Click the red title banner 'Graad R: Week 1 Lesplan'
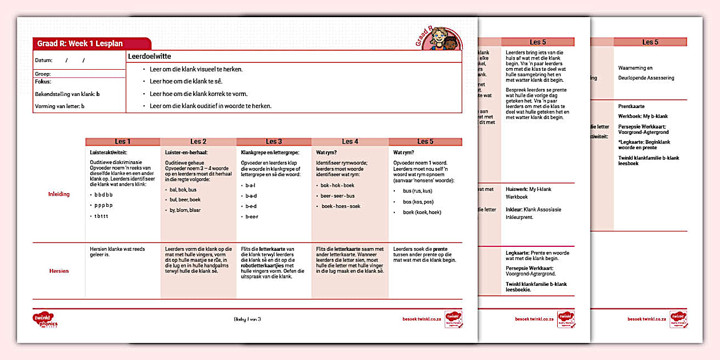[x=81, y=43]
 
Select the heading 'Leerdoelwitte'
[x=150, y=57]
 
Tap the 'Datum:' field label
[x=43, y=60]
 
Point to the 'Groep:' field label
[x=43, y=74]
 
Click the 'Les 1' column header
[x=122, y=142]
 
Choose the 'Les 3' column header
[x=274, y=142]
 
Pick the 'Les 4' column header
[x=350, y=142]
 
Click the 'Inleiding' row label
[x=59, y=194]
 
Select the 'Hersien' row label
[x=59, y=271]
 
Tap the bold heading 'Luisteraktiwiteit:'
[x=109, y=153]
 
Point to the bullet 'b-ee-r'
[x=251, y=217]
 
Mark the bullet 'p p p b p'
[x=103, y=205]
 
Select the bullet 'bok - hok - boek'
[x=337, y=186]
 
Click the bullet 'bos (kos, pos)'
[x=417, y=201]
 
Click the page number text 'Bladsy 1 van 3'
[x=247, y=319]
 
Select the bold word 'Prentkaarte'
[x=631, y=106]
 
